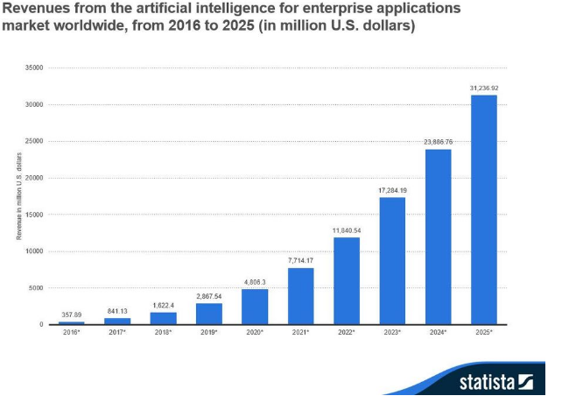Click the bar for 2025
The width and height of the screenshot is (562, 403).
pos(484,210)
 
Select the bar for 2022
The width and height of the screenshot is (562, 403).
pos(347,281)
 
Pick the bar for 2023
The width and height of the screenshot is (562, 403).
pos(392,261)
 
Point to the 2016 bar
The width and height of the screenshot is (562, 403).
pos(71,322)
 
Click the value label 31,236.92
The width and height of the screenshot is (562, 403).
pos(484,88)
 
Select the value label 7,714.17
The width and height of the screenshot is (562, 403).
pos(300,260)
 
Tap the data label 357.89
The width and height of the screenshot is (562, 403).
pos(71,314)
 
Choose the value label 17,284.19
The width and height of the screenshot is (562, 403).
pos(392,190)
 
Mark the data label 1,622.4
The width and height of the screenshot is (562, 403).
pos(163,307)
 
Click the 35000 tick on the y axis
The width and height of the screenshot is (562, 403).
pos(35,67)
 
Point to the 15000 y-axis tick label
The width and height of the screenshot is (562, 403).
pos(35,215)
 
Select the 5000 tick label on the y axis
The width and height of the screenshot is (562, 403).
pos(37,288)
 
